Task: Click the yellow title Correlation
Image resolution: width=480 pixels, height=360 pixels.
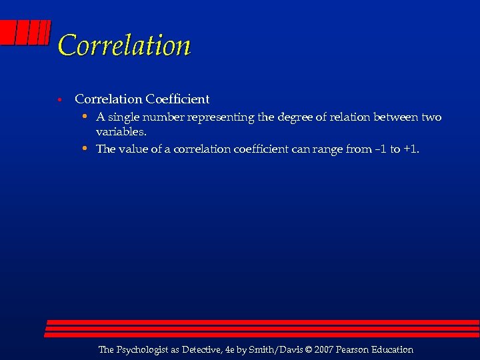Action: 124,45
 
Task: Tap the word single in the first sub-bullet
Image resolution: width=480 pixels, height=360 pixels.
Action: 124,117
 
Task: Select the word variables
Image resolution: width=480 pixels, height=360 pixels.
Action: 121,131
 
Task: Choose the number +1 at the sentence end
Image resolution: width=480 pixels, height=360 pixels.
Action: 411,149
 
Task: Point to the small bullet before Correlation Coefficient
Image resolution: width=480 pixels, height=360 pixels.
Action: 59,100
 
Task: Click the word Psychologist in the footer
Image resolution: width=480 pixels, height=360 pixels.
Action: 145,349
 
